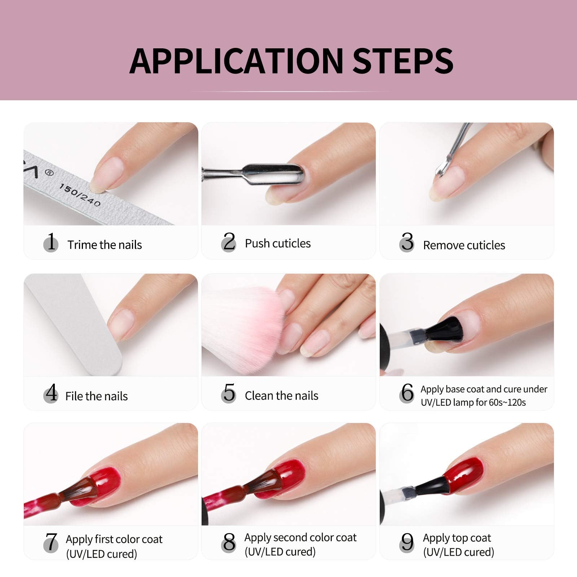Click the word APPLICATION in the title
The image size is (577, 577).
237,61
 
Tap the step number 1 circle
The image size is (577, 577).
51,242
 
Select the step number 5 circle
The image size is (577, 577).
229,393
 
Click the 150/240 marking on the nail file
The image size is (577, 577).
80,195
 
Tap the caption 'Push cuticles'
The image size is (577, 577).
278,243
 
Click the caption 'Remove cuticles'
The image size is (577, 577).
464,245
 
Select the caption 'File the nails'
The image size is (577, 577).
96,396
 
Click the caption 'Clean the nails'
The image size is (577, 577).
282,396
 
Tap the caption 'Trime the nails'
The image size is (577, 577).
105,245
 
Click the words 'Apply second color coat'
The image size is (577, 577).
300,538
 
